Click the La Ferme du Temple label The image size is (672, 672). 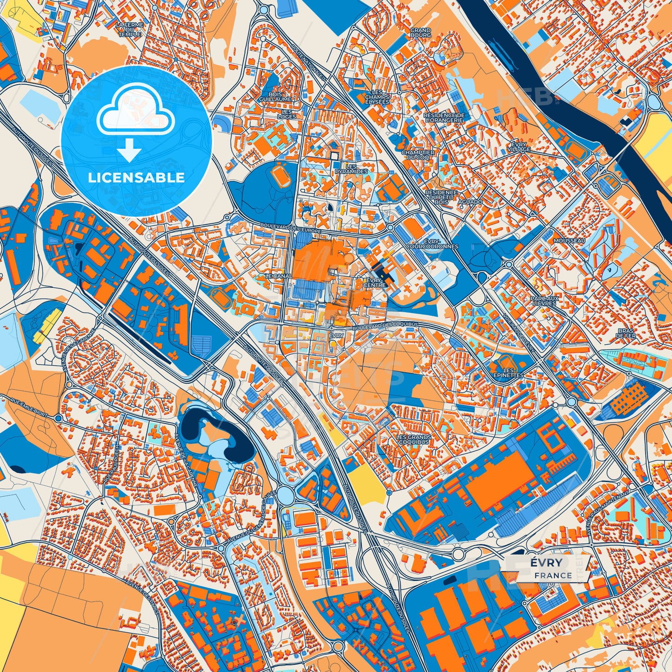131,29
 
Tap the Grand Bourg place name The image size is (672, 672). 420,33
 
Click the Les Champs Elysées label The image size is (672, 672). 377,97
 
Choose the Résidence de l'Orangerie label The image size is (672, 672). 444,117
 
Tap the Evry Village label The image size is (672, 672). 519,147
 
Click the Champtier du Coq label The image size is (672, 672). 418,155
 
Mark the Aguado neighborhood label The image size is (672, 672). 470,202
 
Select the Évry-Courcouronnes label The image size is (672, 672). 432,244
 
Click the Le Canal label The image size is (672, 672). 278,276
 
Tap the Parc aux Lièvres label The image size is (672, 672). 545,300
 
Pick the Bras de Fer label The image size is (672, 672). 626,333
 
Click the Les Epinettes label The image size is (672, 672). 508,373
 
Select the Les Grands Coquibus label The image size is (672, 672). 413,439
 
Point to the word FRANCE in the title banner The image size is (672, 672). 553,575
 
